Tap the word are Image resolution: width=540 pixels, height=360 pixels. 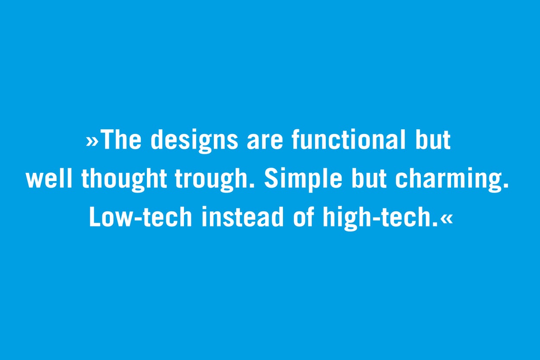coord(264,142)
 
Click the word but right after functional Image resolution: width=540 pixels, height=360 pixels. coord(433,140)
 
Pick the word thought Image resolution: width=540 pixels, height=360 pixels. coord(124,180)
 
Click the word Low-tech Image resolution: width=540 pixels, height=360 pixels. coord(140,217)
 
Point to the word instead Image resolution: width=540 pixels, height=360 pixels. coord(242,217)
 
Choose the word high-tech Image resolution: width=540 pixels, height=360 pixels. coord(381,219)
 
